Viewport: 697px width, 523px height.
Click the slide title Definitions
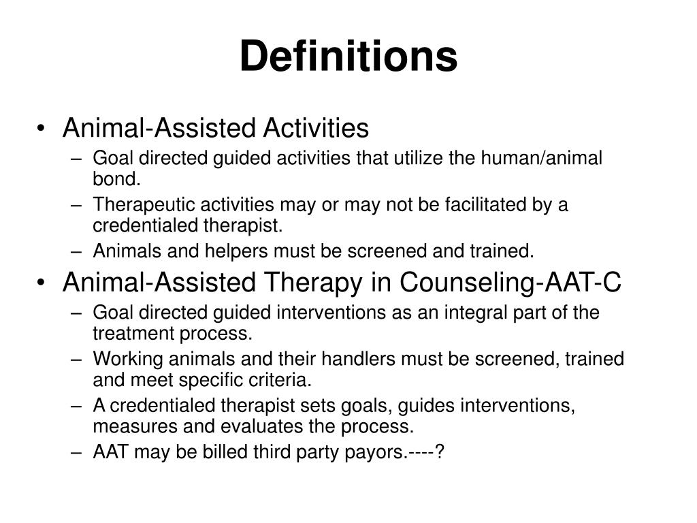coord(348,56)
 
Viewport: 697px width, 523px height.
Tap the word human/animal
coord(542,158)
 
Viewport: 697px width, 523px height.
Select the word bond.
coord(116,179)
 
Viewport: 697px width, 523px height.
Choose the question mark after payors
coord(440,451)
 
